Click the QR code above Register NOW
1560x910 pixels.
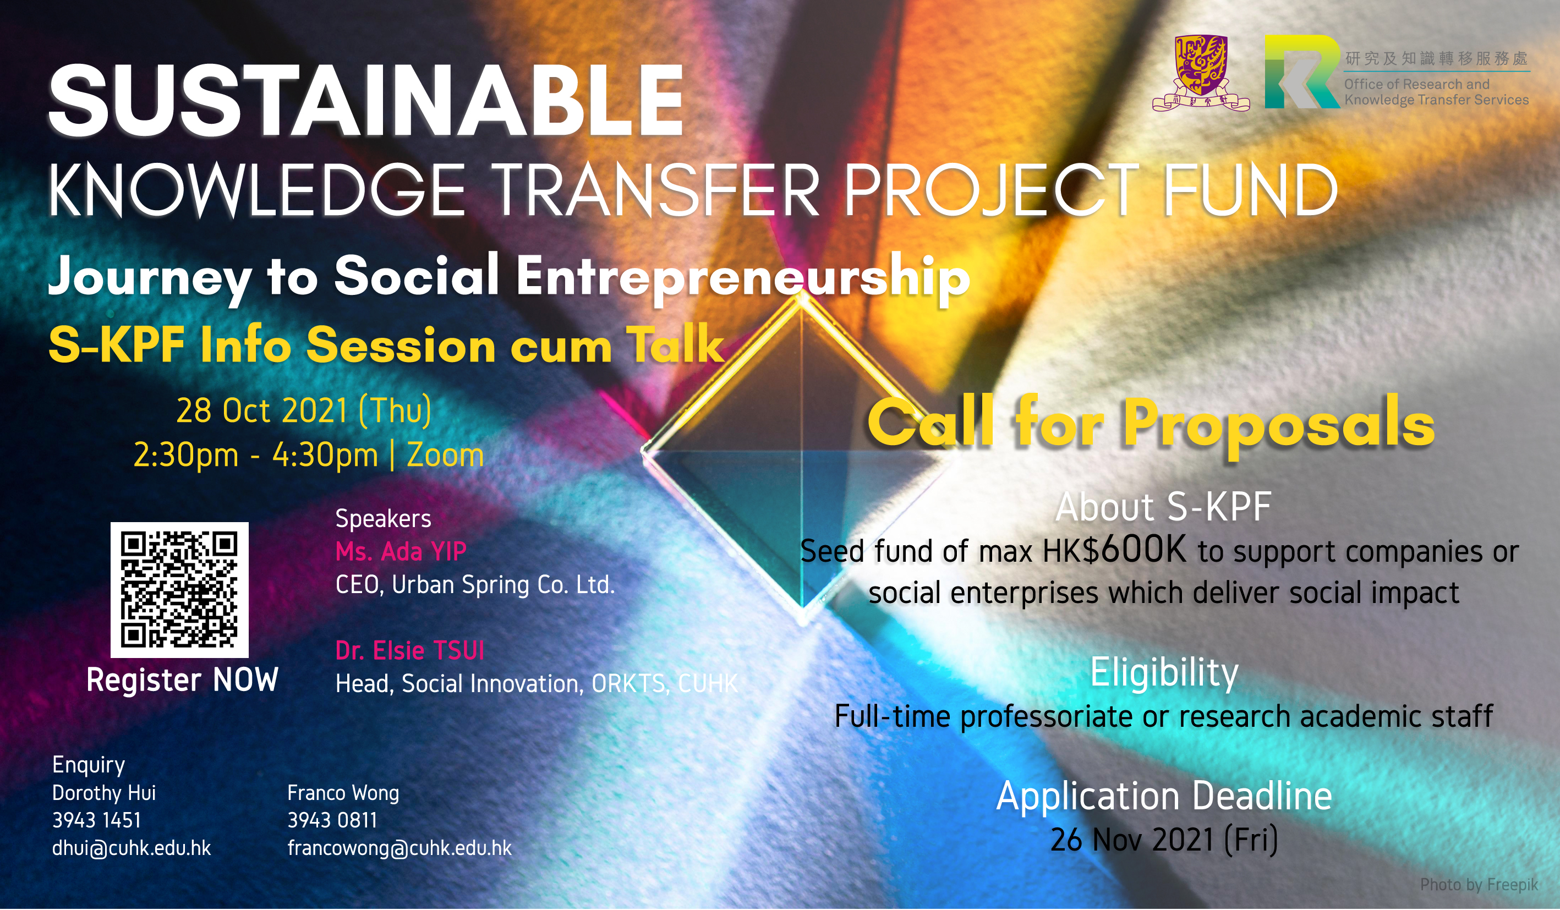pyautogui.click(x=179, y=589)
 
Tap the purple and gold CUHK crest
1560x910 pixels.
pyautogui.click(x=1200, y=74)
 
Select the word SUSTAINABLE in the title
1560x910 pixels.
pyautogui.click(x=366, y=100)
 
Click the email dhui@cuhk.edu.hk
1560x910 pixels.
pyautogui.click(x=131, y=848)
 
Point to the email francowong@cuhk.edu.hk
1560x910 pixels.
pyautogui.click(x=399, y=848)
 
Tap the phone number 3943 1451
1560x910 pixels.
pyautogui.click(x=97, y=820)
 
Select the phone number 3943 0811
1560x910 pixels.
pyautogui.click(x=332, y=820)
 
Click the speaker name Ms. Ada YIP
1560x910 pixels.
pyautogui.click(x=401, y=551)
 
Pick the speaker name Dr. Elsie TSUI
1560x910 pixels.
pyautogui.click(x=409, y=651)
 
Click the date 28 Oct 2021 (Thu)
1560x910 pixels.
pyautogui.click(x=304, y=410)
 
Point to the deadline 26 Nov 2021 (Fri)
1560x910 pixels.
pyautogui.click(x=1164, y=840)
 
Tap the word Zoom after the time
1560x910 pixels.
pyautogui.click(x=445, y=456)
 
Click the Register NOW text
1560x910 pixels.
pyautogui.click(x=182, y=679)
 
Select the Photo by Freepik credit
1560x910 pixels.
pyautogui.click(x=1479, y=885)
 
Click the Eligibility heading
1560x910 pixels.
pyautogui.click(x=1164, y=673)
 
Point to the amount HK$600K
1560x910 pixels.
pyautogui.click(x=1114, y=549)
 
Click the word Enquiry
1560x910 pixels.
pyautogui.click(x=89, y=765)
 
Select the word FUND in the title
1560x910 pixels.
pyautogui.click(x=1250, y=189)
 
